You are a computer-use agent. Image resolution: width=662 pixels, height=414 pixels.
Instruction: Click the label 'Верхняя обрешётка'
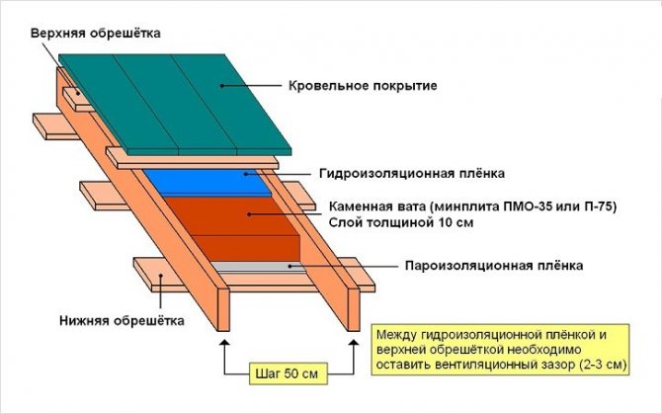(x=96, y=33)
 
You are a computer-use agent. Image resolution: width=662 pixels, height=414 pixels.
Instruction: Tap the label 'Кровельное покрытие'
(x=363, y=86)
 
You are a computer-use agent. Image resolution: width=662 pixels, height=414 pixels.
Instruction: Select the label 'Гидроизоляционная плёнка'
(x=412, y=173)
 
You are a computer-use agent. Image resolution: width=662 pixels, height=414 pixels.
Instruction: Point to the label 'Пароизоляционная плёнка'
(x=494, y=266)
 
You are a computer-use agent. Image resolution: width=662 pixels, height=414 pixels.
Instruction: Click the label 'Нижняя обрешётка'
(x=122, y=321)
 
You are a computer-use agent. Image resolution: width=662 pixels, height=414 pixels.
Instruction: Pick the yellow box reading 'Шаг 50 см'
(x=287, y=373)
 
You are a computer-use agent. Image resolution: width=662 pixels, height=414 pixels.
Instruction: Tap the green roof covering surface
(x=175, y=105)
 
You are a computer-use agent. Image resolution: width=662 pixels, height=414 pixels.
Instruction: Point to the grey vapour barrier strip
(x=258, y=267)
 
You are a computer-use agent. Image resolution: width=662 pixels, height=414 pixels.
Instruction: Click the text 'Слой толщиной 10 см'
(x=401, y=222)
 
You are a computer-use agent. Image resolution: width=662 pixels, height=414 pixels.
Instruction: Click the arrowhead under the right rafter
(x=354, y=343)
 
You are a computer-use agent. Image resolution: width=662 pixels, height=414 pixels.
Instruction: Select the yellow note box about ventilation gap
(x=500, y=350)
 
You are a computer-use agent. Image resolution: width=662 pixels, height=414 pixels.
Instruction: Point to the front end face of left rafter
(x=223, y=309)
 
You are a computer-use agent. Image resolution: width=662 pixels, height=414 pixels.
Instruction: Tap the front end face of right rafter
(x=354, y=309)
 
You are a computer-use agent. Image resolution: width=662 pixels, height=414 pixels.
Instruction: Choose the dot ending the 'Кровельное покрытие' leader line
(x=221, y=86)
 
